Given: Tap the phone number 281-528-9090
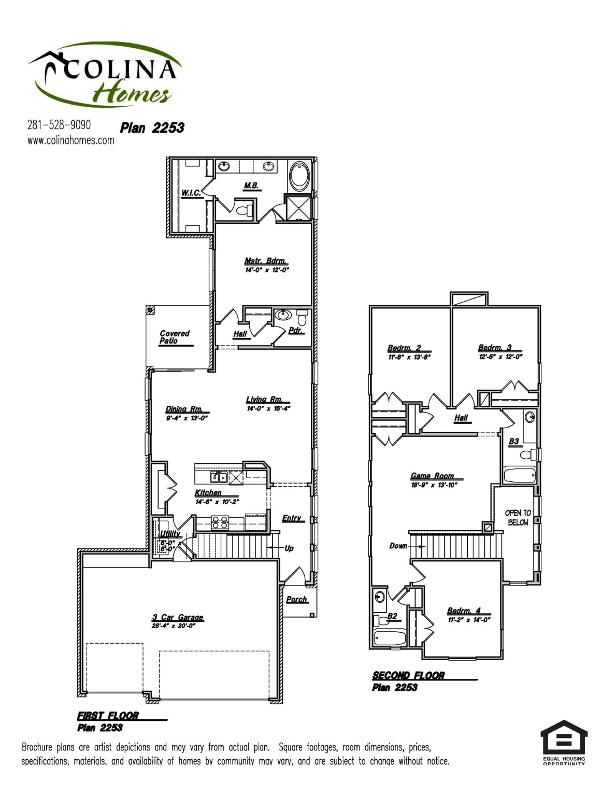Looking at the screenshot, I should pos(59,125).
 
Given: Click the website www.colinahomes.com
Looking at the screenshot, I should pos(70,140).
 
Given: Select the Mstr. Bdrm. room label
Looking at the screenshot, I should pos(265,261).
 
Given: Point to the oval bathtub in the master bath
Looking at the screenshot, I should pos(299,176).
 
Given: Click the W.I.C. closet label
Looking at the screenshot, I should pos(191,193).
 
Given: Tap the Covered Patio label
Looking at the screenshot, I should pos(174,337).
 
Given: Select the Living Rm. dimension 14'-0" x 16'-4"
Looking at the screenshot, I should pos(268,408).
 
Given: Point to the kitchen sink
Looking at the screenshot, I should pos(218,476).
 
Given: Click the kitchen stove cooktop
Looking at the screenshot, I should pos(220,522).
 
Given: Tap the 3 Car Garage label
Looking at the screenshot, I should pos(178,617).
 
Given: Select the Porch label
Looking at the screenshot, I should pos(296,599).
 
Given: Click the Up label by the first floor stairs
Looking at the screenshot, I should pos(289,548).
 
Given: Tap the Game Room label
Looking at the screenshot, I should pos(432,476).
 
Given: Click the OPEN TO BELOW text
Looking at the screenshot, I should pos(518,518).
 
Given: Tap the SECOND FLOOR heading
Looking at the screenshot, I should pos(408,675).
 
